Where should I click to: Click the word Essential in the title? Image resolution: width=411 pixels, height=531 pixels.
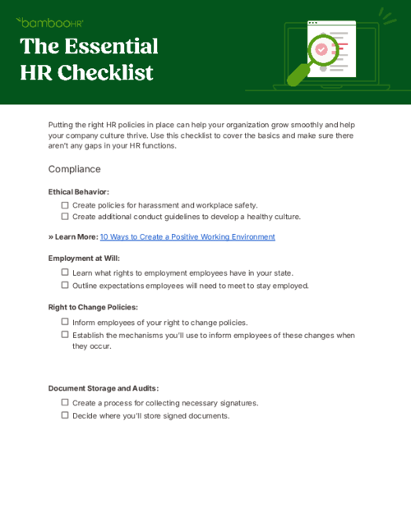click(x=111, y=46)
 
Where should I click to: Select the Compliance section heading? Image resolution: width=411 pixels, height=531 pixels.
click(x=74, y=169)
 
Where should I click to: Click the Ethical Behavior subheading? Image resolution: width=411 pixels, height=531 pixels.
click(x=78, y=191)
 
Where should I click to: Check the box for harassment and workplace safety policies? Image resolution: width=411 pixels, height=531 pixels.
click(x=65, y=205)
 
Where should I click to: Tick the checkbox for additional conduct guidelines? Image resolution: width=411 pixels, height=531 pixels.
click(x=65, y=217)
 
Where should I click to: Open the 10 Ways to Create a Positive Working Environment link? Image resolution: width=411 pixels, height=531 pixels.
click(x=187, y=237)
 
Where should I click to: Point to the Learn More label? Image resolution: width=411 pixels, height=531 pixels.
click(x=73, y=237)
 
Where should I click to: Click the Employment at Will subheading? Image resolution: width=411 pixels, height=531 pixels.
click(x=83, y=258)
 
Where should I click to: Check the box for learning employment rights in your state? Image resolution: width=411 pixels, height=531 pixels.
click(x=65, y=272)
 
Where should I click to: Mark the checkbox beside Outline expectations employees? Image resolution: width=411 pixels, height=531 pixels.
click(x=65, y=286)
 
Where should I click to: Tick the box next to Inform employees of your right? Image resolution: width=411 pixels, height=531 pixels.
click(x=65, y=323)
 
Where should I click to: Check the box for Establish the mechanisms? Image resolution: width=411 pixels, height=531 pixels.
click(x=65, y=335)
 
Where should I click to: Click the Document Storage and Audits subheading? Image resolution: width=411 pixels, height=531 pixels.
click(x=103, y=388)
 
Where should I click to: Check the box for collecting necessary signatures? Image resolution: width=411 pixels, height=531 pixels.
click(x=65, y=403)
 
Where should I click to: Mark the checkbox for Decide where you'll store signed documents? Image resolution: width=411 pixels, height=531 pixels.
click(x=65, y=415)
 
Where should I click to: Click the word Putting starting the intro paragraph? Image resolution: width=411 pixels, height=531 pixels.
click(x=62, y=125)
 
